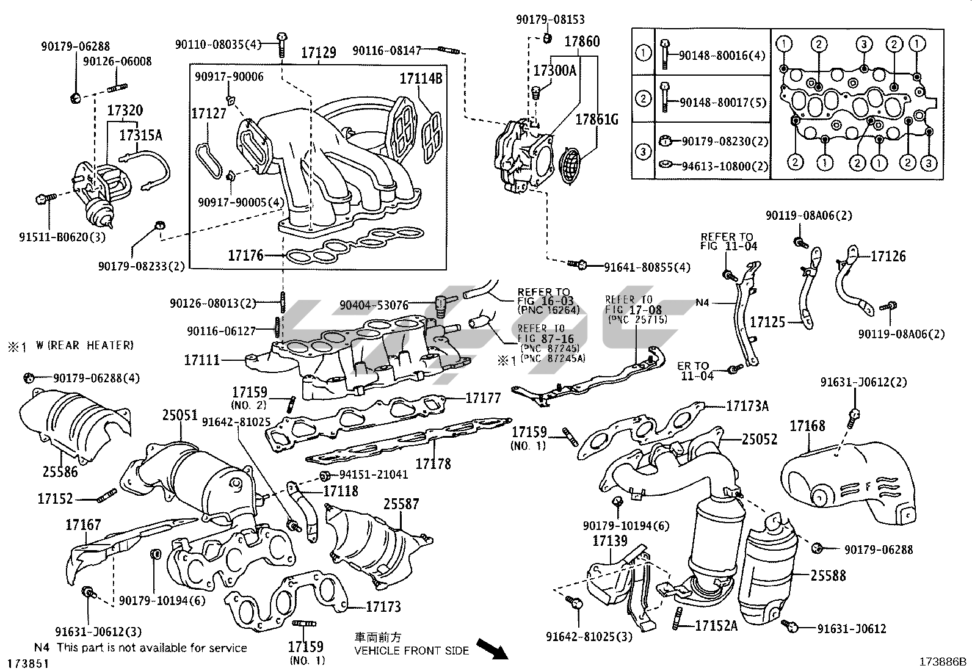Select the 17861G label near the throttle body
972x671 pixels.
[x=597, y=119]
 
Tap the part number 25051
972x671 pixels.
[x=180, y=416]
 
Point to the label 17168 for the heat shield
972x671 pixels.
[x=807, y=426]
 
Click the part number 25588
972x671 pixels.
[x=828, y=575]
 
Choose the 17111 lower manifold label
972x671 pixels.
[x=201, y=360]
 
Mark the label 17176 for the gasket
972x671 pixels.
[x=245, y=255]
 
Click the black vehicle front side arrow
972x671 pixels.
[x=491, y=648]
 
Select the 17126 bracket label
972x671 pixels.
[x=888, y=256]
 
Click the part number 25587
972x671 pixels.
[x=401, y=504]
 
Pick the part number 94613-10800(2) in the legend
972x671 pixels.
[x=717, y=166]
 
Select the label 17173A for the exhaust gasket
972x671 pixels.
[x=747, y=405]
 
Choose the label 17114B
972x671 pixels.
[x=421, y=78]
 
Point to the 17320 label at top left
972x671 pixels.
[x=125, y=111]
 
